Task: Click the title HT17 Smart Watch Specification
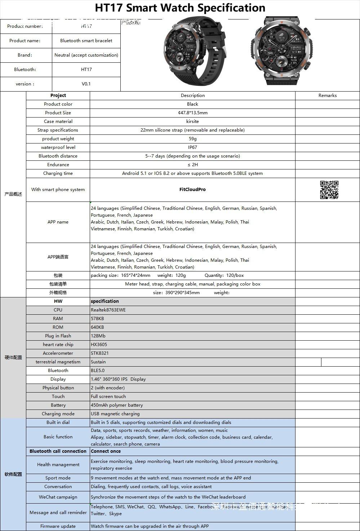[180, 8]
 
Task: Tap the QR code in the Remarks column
[329, 190]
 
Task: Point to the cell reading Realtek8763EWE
[108, 310]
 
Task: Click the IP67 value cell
[192, 147]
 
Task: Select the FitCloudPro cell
[192, 190]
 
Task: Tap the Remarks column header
[327, 96]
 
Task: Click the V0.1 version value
[86, 84]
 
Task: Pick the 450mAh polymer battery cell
[117, 405]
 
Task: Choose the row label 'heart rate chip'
[58, 345]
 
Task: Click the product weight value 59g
[192, 139]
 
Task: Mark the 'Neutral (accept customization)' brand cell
[86, 55]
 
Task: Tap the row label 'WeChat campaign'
[58, 497]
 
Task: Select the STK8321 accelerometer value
[99, 353]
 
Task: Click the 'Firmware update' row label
[58, 526]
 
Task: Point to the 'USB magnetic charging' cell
[115, 414]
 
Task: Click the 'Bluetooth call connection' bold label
[58, 451]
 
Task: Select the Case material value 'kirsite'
[192, 121]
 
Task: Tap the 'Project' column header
[58, 96]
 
